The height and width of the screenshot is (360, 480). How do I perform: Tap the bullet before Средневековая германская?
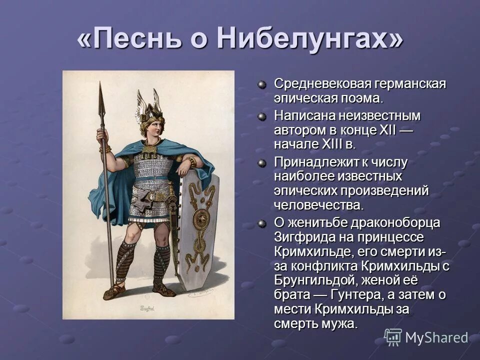pos(262,83)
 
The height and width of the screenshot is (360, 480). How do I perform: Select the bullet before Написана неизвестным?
pos(262,116)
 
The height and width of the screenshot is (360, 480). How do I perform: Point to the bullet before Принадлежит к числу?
pos(262,162)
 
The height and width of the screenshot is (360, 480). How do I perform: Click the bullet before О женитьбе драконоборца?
pos(262,222)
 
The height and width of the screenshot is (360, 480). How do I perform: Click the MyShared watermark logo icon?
pos(393,337)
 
